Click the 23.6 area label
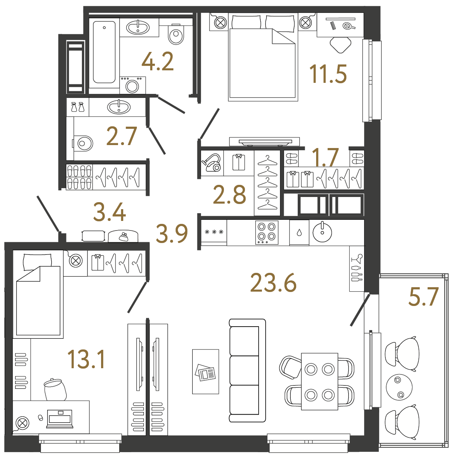pos(273,283)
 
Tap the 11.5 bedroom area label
pos(328,74)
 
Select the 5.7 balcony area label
pos(423,297)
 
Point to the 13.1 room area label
pos(86,360)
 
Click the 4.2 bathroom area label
pos(158,61)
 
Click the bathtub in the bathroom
pos(104,52)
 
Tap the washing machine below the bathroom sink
pos(132,85)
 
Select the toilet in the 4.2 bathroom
pos(176,34)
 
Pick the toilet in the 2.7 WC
pos(83,143)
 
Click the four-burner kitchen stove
pos(267,232)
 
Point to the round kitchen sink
pos(322,232)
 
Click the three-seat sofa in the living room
pos(247,370)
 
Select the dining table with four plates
pos(319,381)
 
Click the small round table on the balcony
pos(399,387)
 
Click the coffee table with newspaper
pos(205,372)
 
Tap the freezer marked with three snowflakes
pos(214,232)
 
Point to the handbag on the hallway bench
pos(123,236)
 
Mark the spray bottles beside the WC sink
pos(78,107)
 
